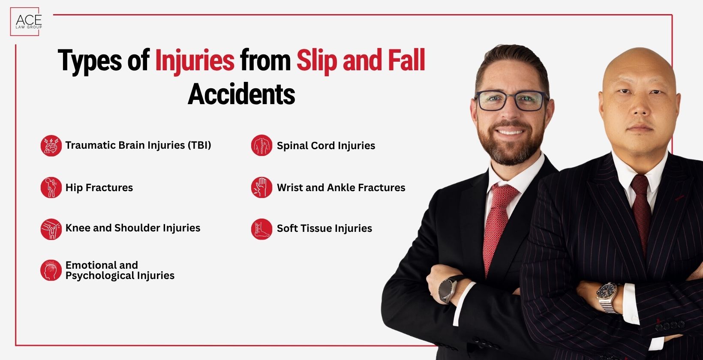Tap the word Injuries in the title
click(195, 61)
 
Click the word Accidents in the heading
click(241, 94)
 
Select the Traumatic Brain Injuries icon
click(51, 146)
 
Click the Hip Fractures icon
click(51, 188)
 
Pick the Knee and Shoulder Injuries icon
click(51, 228)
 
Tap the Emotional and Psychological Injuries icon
click(51, 270)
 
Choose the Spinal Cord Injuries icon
click(261, 146)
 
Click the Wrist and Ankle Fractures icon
click(261, 188)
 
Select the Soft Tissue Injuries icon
click(261, 228)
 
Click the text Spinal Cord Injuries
click(326, 146)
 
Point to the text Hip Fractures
click(99, 188)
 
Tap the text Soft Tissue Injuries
click(324, 228)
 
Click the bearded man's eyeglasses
click(511, 101)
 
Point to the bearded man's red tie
click(497, 223)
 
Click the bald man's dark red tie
click(642, 206)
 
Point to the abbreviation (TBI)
click(199, 145)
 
